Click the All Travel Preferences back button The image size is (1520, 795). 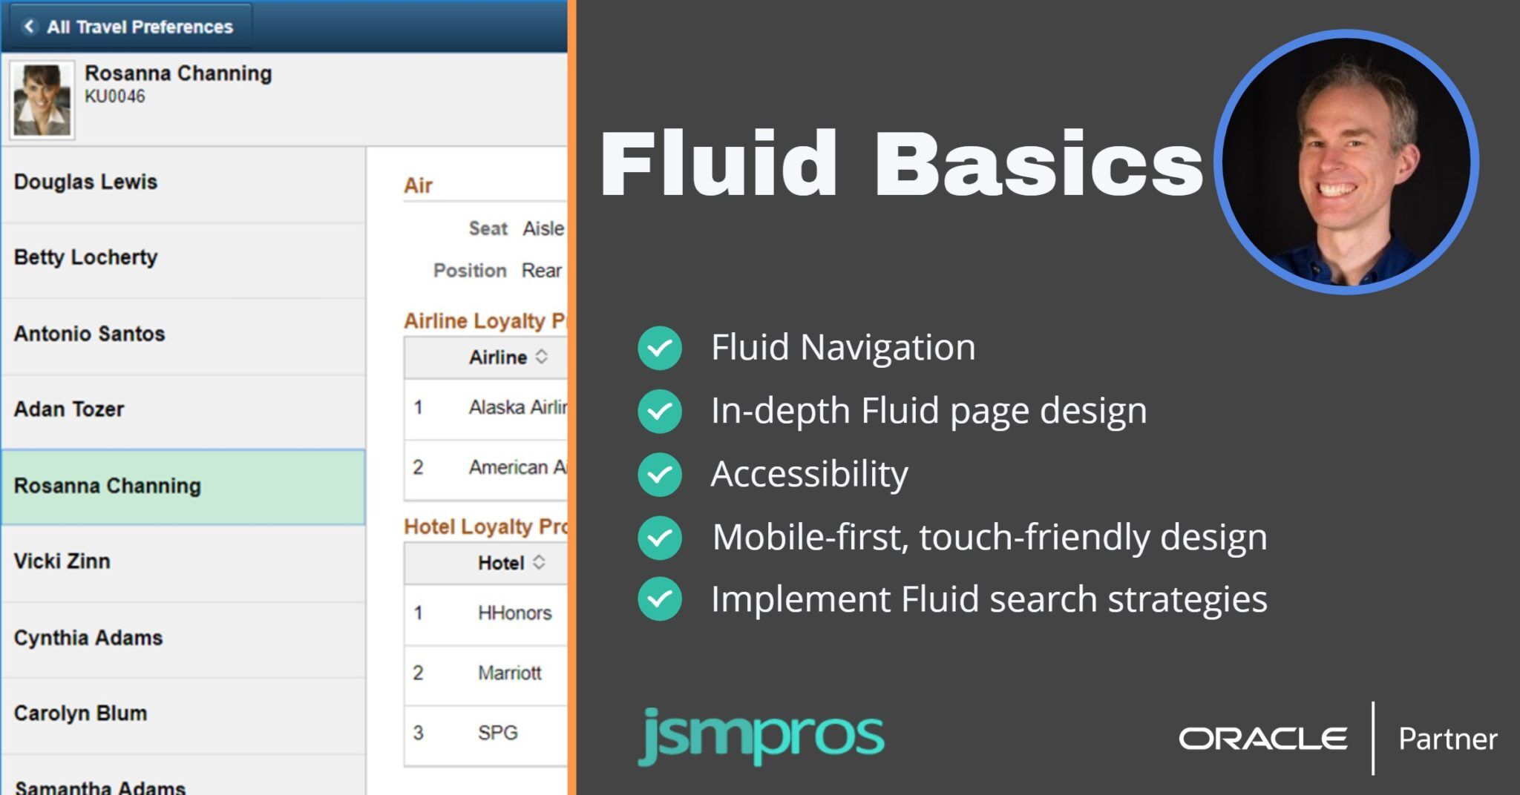click(x=130, y=27)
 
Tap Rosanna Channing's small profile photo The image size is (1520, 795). click(x=42, y=100)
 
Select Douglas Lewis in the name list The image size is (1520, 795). click(x=85, y=182)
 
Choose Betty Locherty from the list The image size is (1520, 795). click(x=85, y=257)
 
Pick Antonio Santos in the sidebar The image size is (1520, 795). click(x=89, y=334)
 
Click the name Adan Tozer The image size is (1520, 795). click(x=69, y=409)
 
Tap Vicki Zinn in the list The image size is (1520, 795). click(x=62, y=561)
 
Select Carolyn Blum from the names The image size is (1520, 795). click(x=80, y=713)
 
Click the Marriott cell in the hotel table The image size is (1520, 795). click(x=509, y=673)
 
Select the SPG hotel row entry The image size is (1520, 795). click(x=497, y=733)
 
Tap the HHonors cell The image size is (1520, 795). click(x=514, y=613)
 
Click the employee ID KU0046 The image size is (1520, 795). click(x=114, y=96)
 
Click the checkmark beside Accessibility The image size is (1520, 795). click(x=659, y=475)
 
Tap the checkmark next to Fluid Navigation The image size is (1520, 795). click(x=659, y=348)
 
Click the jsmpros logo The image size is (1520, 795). click(x=761, y=736)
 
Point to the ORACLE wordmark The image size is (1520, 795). click(x=1262, y=739)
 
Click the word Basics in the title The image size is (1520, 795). click(x=1038, y=164)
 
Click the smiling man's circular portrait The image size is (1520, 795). click(x=1346, y=162)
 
